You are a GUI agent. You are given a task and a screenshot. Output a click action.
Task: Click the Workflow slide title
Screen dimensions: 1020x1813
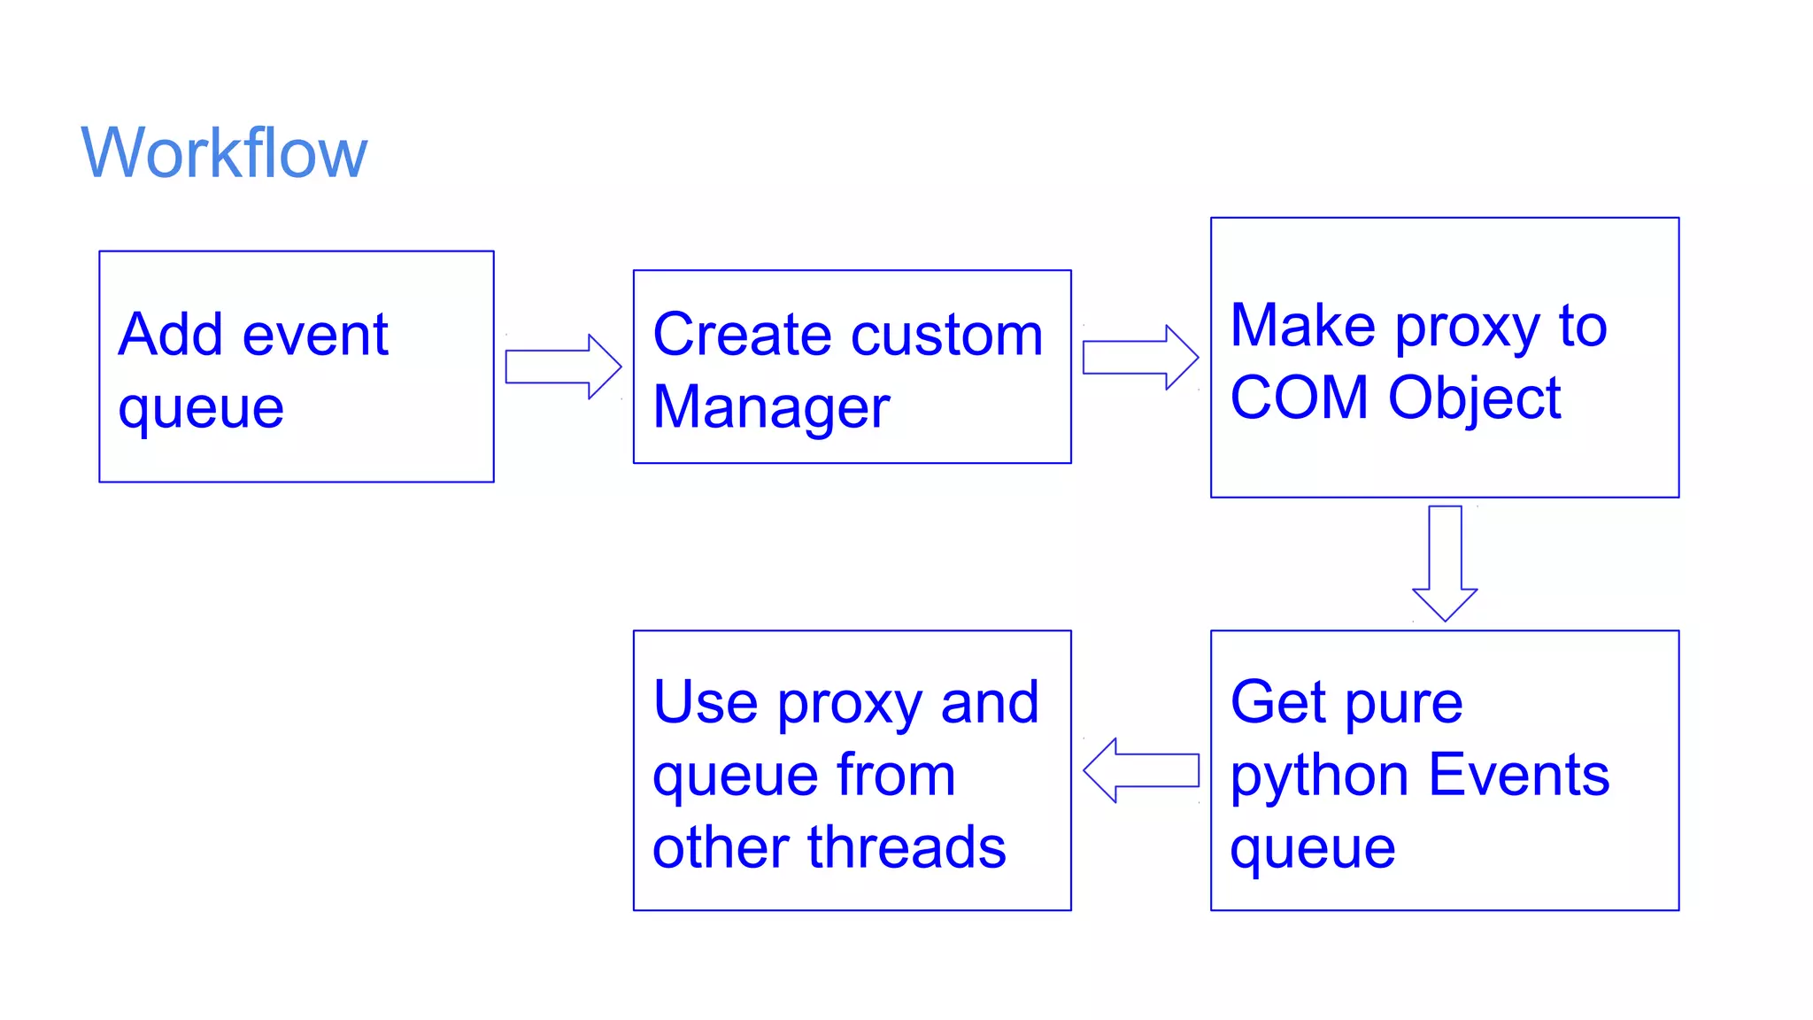pyautogui.click(x=224, y=153)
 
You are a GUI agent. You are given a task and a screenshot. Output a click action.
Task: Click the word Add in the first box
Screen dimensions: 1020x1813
pyautogui.click(x=171, y=335)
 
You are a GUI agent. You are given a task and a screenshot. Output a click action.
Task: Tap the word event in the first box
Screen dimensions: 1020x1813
pyautogui.click(x=315, y=335)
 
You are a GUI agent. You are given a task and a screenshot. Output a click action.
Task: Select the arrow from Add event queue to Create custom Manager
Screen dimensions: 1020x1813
pyautogui.click(x=563, y=367)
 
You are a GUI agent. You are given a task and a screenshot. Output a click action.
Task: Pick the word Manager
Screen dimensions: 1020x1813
pyautogui.click(x=771, y=407)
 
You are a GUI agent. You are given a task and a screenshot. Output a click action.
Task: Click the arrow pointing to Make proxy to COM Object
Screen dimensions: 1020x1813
pyautogui.click(x=1140, y=357)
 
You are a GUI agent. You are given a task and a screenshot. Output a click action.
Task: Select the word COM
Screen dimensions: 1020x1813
pyautogui.click(x=1299, y=398)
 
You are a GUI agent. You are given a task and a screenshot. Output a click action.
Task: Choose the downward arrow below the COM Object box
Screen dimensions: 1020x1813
pyautogui.click(x=1445, y=563)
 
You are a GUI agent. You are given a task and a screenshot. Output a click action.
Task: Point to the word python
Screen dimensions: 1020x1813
pyautogui.click(x=1318, y=777)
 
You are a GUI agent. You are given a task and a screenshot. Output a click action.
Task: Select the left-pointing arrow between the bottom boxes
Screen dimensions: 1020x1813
pyautogui.click(x=1140, y=770)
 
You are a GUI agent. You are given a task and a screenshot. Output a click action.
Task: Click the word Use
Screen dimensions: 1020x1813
pyautogui.click(x=706, y=702)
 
